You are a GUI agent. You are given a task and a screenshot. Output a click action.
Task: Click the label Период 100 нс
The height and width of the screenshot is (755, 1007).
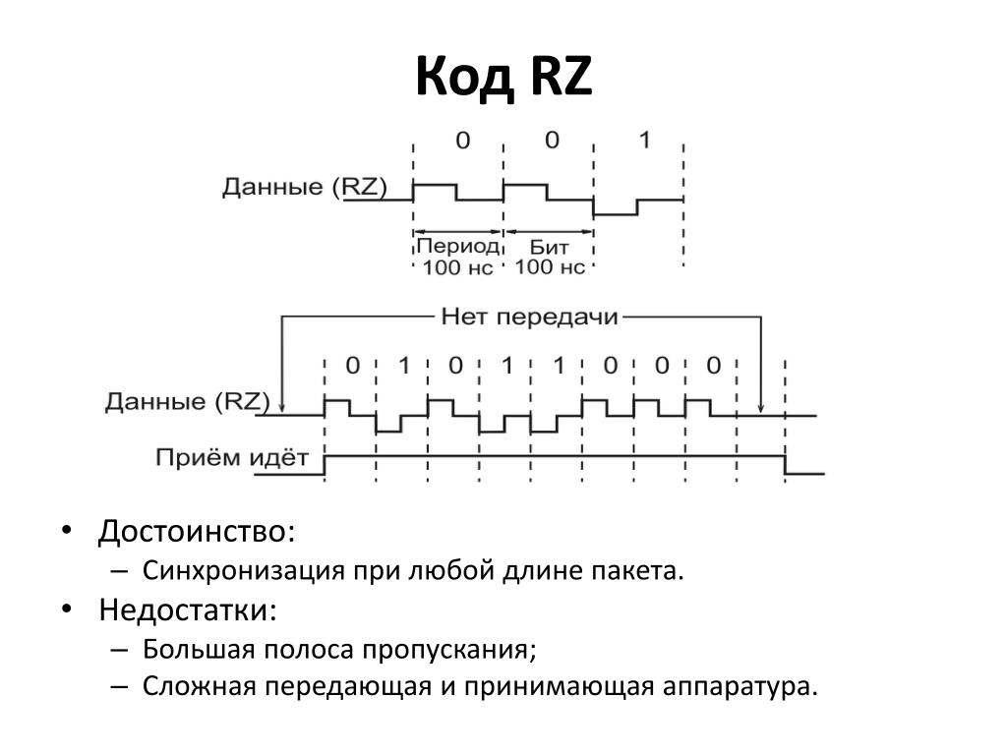pyautogui.click(x=457, y=255)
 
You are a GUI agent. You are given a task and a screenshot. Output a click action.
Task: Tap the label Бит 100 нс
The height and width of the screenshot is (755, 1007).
pyautogui.click(x=550, y=255)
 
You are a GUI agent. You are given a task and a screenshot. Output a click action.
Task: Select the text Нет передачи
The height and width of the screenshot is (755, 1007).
pyautogui.click(x=529, y=318)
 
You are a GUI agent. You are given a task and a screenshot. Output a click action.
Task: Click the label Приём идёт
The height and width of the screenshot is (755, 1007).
pyautogui.click(x=231, y=458)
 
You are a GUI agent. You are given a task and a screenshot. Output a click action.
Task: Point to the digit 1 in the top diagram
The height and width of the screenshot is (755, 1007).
pyautogui.click(x=644, y=141)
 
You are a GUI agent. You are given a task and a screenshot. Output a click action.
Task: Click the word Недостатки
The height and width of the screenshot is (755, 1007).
pyautogui.click(x=187, y=610)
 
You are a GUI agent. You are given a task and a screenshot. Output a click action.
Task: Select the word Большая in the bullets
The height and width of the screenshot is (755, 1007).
pyautogui.click(x=198, y=649)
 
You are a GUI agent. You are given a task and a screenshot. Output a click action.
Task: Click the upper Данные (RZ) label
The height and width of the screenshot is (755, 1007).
pyautogui.click(x=304, y=187)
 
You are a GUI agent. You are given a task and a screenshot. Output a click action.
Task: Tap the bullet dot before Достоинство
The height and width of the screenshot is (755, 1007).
pyautogui.click(x=65, y=531)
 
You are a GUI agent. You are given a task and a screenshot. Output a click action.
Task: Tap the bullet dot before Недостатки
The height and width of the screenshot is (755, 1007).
pyautogui.click(x=65, y=609)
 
